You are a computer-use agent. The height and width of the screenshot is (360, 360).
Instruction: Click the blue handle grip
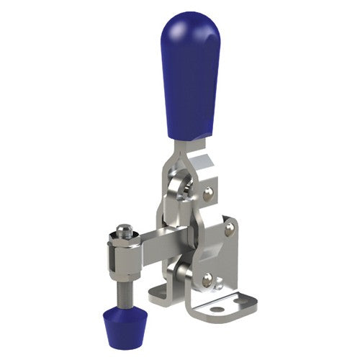189,79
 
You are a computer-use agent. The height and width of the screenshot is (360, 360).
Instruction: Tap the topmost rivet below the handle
208,192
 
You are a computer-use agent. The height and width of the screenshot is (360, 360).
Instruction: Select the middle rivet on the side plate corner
230,228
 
